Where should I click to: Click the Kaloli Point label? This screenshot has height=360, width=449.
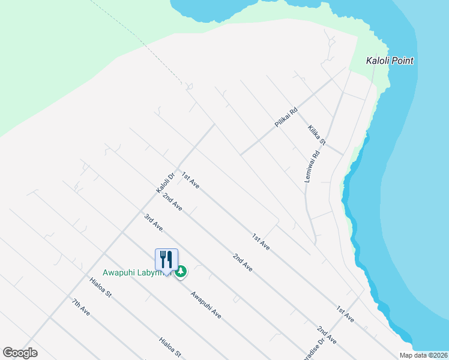tap(390, 61)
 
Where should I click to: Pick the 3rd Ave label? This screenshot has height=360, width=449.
tap(154, 222)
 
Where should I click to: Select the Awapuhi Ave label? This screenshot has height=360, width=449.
tap(206, 305)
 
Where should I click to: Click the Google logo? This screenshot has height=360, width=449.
tap(20, 353)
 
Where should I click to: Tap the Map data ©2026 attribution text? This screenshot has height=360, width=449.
tap(423, 355)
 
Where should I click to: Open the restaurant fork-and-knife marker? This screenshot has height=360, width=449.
tap(166, 260)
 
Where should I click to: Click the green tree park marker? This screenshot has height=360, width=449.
tap(180, 272)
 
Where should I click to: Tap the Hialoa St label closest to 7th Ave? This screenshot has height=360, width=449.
tap(101, 287)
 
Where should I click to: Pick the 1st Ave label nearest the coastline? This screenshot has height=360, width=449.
tap(345, 314)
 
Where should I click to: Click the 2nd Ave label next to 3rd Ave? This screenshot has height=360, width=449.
tap(172, 202)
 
